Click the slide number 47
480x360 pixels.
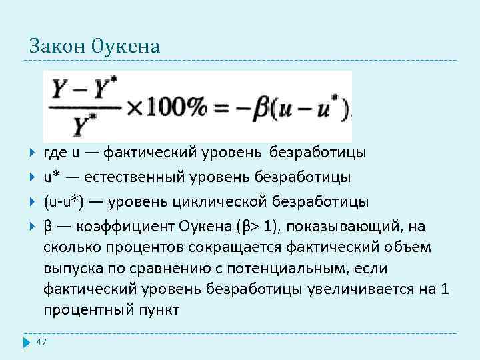pos(42,342)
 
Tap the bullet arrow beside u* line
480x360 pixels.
pos(33,178)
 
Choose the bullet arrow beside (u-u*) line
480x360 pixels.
pos(33,202)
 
